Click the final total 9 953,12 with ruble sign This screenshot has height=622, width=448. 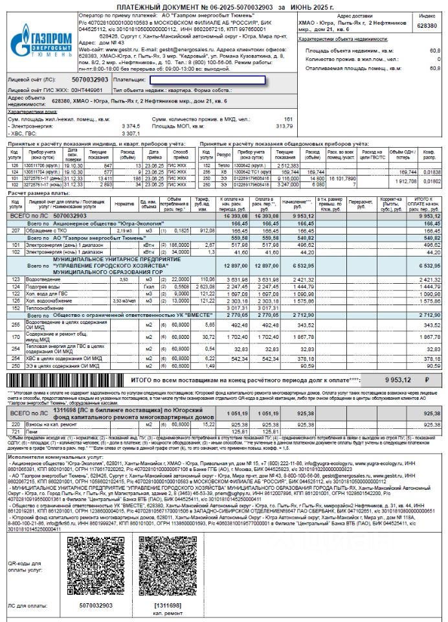click(x=407, y=381)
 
